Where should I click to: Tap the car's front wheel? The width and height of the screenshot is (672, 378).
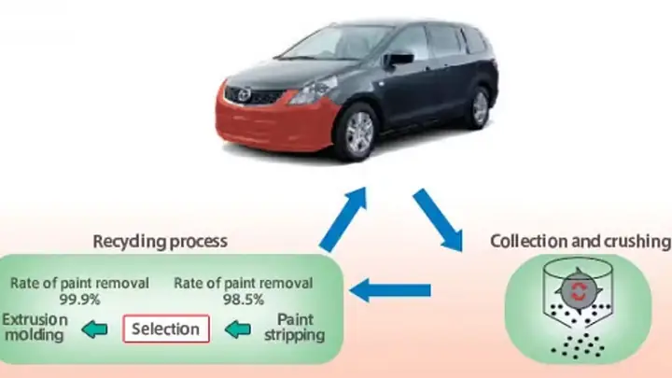359,133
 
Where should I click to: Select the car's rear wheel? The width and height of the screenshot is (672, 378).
480,107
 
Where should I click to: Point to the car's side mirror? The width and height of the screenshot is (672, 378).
399,59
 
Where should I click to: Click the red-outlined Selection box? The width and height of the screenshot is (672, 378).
166,329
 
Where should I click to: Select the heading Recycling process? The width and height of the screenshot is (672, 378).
160,242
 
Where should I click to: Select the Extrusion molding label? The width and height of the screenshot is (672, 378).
35,328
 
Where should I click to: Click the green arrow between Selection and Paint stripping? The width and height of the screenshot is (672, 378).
240,329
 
